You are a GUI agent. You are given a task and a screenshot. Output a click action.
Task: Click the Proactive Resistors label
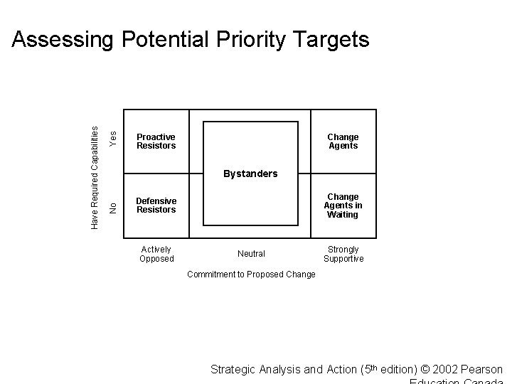pyautogui.click(x=156, y=141)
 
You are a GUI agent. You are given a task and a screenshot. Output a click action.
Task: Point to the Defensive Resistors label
pyautogui.click(x=156, y=205)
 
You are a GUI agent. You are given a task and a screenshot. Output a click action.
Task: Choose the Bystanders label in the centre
pyautogui.click(x=250, y=174)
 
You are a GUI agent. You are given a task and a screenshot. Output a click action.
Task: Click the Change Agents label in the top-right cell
pyautogui.click(x=343, y=141)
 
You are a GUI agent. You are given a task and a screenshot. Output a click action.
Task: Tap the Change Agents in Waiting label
pyautogui.click(x=343, y=206)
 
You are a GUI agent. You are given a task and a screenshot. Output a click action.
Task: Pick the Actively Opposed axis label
pyautogui.click(x=156, y=254)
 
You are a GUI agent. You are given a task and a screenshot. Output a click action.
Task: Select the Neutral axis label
pyautogui.click(x=251, y=254)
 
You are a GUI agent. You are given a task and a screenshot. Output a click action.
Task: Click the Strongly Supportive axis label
pyautogui.click(x=343, y=254)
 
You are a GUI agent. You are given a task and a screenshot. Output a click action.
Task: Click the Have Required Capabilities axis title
pyautogui.click(x=95, y=177)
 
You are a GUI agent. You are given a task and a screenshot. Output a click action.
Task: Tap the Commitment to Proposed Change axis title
pyautogui.click(x=251, y=274)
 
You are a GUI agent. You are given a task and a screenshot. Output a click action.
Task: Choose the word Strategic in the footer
pyautogui.click(x=234, y=370)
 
